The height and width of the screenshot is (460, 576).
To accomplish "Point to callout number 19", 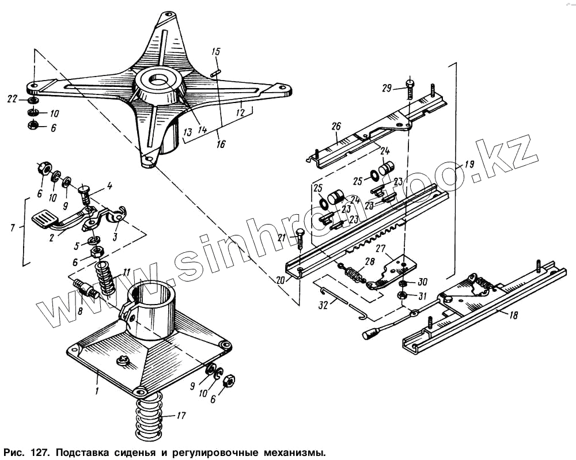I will click(x=469, y=164).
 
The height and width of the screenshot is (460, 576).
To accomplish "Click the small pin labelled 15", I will click(x=217, y=72).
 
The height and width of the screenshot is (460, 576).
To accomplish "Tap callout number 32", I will click(x=323, y=306).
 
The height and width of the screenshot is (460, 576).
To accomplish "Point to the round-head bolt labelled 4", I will click(x=85, y=192).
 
